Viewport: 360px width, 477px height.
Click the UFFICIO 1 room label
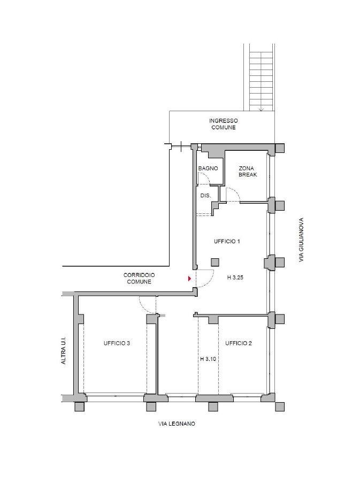point(227,242)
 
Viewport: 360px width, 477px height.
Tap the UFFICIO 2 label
point(238,343)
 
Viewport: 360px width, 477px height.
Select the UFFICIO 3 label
point(117,343)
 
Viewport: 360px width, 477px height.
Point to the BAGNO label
point(208,168)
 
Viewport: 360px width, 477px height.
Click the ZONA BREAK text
point(248,172)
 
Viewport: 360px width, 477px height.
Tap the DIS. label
point(206,196)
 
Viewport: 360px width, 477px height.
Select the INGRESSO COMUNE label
point(224,124)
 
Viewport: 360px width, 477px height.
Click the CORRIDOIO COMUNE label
point(139,279)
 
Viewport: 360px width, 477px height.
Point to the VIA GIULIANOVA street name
point(301,240)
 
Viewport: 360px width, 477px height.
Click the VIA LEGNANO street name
point(177,424)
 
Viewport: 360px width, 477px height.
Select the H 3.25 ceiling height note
point(235,278)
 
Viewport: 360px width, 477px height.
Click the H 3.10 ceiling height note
point(208,359)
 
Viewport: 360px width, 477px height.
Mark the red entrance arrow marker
point(189,279)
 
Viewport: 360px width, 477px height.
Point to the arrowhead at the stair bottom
point(261,109)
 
